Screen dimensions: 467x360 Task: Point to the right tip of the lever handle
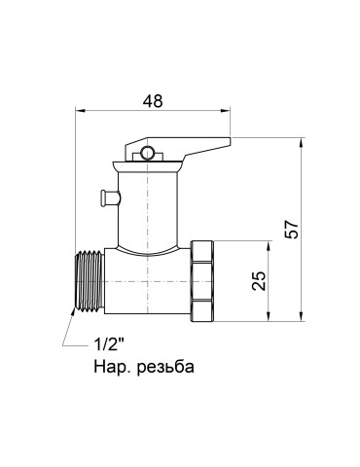[230, 147]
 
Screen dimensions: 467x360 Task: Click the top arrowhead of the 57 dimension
[299, 141]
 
